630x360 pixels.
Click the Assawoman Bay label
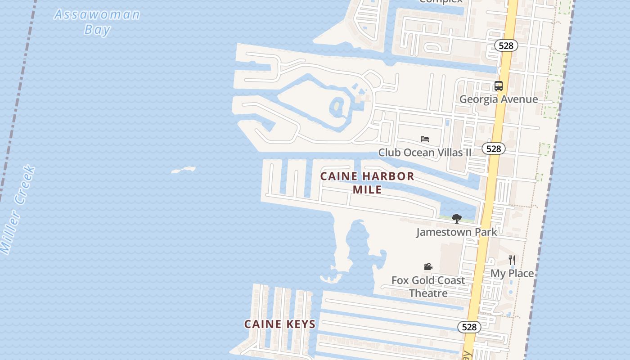point(97,22)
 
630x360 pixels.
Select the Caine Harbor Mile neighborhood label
point(367,183)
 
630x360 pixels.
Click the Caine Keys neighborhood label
point(280,324)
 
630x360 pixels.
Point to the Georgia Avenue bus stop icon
point(498,86)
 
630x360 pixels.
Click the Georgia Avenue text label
point(499,99)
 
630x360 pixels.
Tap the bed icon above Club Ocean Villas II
point(424,139)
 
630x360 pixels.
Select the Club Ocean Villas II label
point(425,153)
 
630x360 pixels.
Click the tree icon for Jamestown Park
point(457,219)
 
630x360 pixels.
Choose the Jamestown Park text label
point(457,232)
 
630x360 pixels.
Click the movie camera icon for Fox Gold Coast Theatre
point(428,267)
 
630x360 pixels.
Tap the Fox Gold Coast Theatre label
point(428,287)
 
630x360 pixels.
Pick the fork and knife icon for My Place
point(512,260)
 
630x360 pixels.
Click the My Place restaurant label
point(512,273)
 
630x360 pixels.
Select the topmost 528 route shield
point(506,45)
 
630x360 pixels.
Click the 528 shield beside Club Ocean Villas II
point(494,148)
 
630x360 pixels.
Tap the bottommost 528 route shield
point(469,327)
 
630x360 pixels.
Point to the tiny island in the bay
point(184,170)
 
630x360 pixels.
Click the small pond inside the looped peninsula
point(337,107)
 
